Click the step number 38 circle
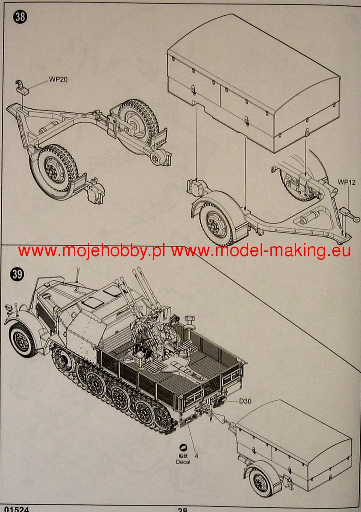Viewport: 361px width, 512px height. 20,17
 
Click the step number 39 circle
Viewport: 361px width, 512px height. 18,275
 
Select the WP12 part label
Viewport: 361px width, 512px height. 346,182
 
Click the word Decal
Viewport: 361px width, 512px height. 183,462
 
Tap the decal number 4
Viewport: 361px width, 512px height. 197,455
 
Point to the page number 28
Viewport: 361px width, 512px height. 182,509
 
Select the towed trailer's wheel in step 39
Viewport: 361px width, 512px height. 260,483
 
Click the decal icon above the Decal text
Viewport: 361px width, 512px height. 183,447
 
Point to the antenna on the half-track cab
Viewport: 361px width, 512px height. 79,276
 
